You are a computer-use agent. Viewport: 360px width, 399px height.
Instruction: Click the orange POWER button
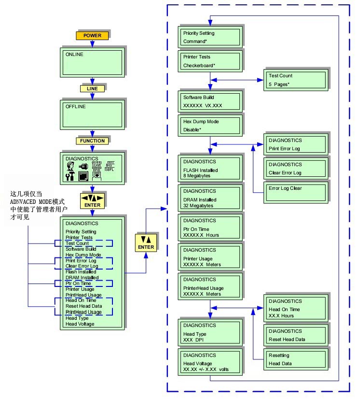point(92,36)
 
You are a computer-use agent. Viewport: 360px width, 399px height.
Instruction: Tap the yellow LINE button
point(92,88)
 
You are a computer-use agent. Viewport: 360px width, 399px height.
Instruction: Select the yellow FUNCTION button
point(92,141)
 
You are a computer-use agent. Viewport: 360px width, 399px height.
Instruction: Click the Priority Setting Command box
point(209,37)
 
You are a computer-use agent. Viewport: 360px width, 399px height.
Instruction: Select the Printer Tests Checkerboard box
point(209,61)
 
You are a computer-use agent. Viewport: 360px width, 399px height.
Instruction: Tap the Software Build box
point(209,100)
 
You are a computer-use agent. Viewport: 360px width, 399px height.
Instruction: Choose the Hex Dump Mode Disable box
point(209,125)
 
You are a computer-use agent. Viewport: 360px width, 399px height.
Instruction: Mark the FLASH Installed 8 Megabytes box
point(209,169)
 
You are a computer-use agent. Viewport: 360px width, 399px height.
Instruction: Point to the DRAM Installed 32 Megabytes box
point(209,198)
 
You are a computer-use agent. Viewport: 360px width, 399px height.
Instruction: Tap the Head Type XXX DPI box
point(209,331)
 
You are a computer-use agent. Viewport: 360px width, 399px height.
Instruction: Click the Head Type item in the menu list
point(77,318)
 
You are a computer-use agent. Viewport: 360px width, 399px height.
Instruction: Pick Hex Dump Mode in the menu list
point(83,255)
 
